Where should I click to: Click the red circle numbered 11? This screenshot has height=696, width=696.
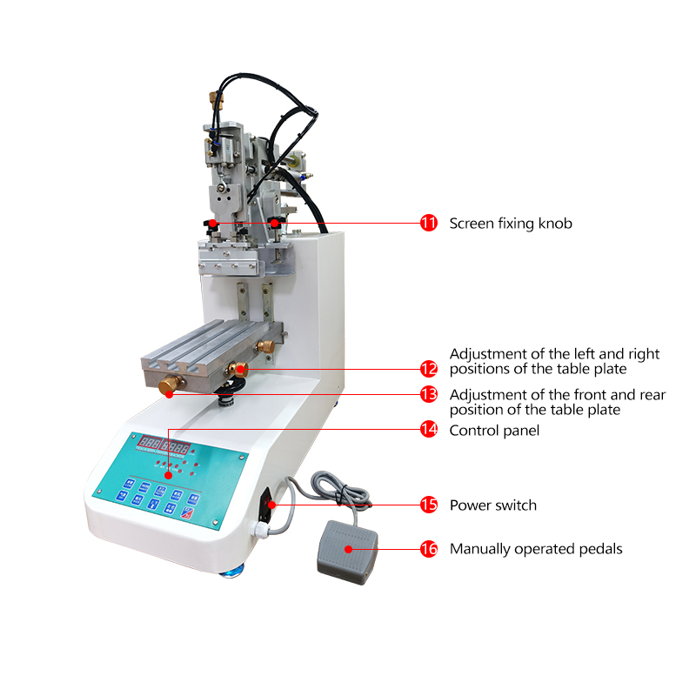coord(428,223)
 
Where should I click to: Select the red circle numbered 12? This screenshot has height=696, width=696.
coord(428,369)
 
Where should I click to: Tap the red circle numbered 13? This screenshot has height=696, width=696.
coord(428,394)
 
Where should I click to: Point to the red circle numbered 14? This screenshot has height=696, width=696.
coord(428,430)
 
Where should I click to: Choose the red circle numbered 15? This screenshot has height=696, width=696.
coord(428,505)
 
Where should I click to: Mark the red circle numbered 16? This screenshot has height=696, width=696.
coord(428,549)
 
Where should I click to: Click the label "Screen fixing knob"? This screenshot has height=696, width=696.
coord(511,224)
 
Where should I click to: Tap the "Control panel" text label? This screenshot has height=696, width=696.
coord(494,431)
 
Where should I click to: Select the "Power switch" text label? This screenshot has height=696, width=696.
coord(492,505)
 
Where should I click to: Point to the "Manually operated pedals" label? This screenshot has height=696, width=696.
coord(536,549)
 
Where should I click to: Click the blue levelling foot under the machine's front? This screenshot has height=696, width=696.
coord(236,571)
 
